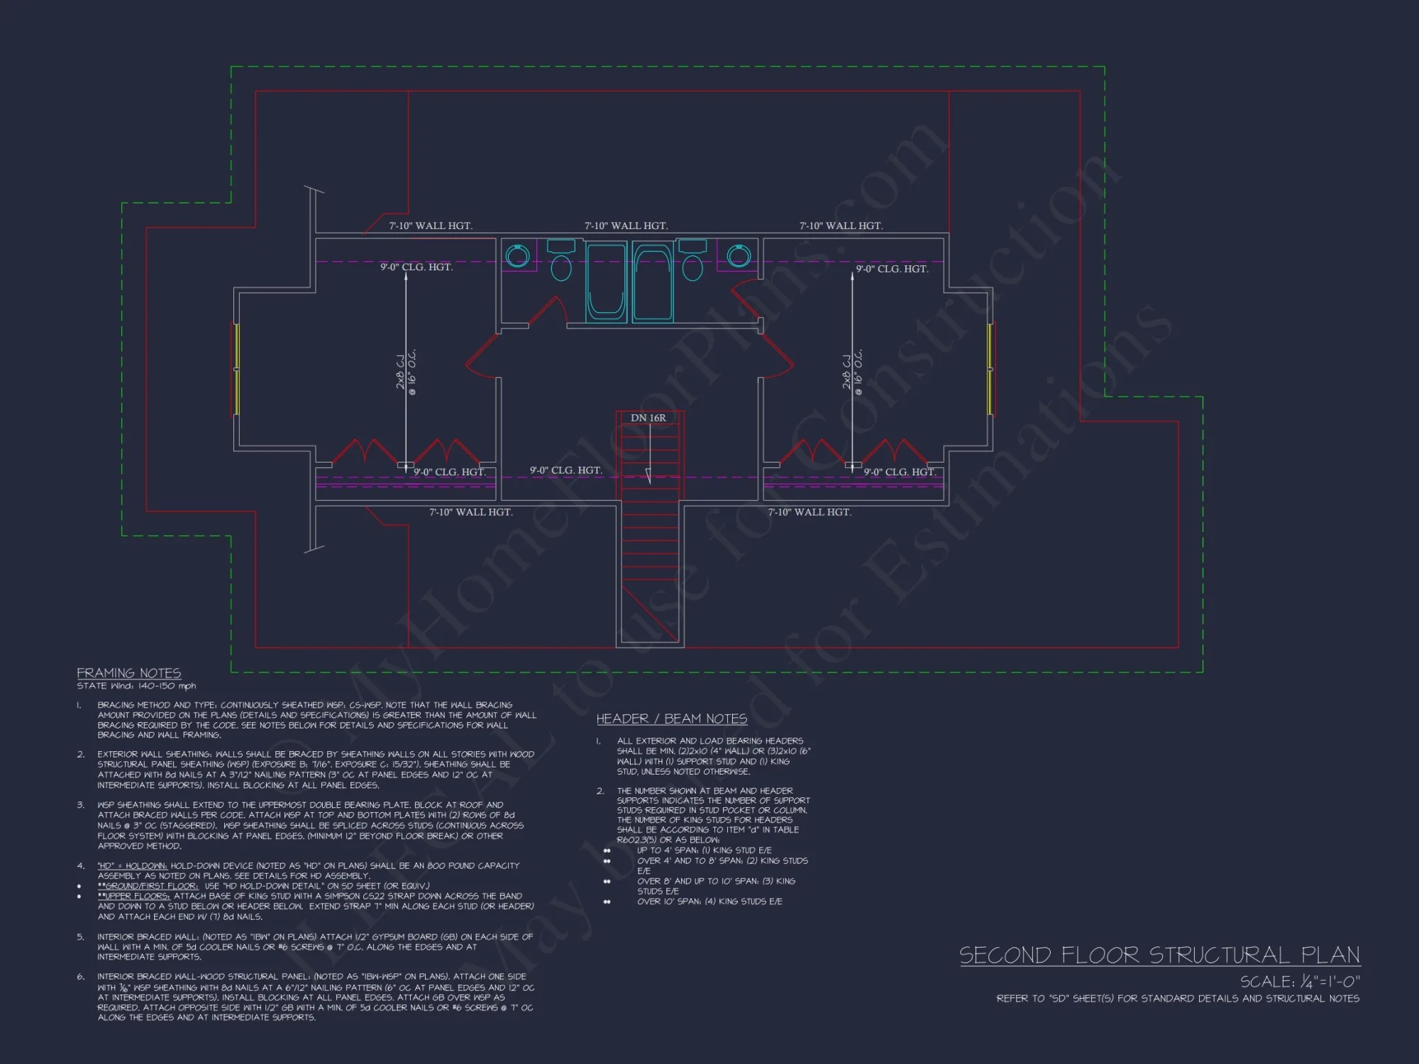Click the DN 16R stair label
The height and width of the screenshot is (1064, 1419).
click(648, 418)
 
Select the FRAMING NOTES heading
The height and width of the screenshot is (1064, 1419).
click(128, 672)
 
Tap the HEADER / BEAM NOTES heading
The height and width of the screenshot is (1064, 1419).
click(671, 719)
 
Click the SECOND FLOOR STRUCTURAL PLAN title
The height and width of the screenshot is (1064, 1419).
click(1159, 955)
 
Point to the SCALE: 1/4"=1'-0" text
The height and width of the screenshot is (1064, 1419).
click(1300, 982)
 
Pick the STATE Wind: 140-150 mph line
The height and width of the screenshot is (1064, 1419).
click(136, 686)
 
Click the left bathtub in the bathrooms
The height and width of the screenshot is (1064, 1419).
click(607, 282)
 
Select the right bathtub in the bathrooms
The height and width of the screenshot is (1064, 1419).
click(653, 282)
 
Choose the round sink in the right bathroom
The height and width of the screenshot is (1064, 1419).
click(739, 255)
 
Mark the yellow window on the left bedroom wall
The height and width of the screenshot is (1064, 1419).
click(237, 369)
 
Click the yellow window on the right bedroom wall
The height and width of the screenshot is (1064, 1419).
click(990, 369)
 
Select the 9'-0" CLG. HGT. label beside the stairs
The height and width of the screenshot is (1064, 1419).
click(565, 470)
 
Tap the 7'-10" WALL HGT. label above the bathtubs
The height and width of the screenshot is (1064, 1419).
click(626, 226)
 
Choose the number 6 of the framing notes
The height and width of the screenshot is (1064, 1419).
click(81, 977)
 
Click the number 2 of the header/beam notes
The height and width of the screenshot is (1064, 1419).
click(600, 791)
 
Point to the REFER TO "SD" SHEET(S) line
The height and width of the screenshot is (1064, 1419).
click(1177, 998)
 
